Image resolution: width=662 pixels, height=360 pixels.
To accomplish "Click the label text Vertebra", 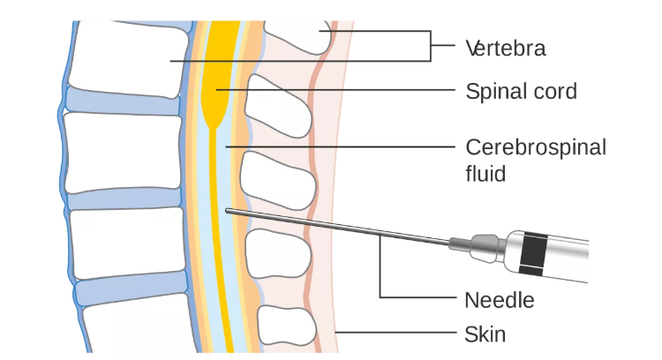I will pyautogui.click(x=505, y=48).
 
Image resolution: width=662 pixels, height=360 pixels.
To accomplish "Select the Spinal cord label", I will pyautogui.click(x=521, y=91).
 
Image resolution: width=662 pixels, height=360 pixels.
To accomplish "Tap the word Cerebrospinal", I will pyautogui.click(x=535, y=146).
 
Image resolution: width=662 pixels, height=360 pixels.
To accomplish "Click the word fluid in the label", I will pyautogui.click(x=485, y=173).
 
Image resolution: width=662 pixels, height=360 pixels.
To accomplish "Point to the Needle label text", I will pyautogui.click(x=499, y=300).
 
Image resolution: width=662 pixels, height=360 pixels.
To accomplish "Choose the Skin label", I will pyautogui.click(x=485, y=334).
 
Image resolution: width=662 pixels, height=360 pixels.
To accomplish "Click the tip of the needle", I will pyautogui.click(x=227, y=210).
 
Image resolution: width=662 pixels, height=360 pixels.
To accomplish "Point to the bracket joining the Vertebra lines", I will pyautogui.click(x=431, y=47).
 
